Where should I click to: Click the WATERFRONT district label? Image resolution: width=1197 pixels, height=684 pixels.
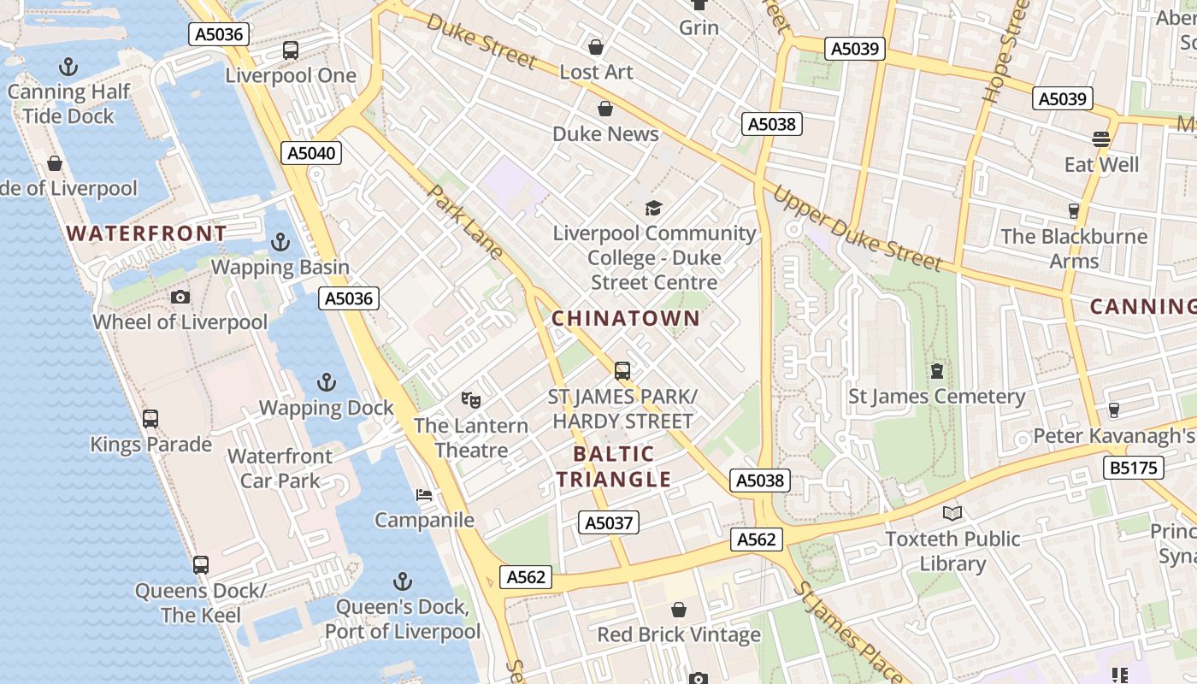click(146, 233)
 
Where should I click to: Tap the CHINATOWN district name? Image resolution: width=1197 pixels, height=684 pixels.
click(625, 319)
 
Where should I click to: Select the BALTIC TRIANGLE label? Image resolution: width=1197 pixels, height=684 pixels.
click(613, 467)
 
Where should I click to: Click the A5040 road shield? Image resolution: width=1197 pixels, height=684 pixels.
click(311, 154)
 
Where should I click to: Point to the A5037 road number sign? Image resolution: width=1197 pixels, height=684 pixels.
click(609, 522)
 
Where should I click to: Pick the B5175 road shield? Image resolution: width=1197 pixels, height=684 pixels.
click(1134, 468)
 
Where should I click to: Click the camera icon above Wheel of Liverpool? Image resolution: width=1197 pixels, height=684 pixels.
click(180, 298)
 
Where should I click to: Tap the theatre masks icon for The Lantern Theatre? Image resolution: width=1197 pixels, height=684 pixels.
click(471, 400)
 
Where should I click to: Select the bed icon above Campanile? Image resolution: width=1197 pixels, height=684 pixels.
click(424, 495)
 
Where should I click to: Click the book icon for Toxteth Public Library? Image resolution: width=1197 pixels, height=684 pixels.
click(952, 514)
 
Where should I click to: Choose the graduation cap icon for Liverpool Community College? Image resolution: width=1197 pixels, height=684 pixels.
click(654, 208)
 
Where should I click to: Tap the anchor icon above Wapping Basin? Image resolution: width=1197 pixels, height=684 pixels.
click(280, 243)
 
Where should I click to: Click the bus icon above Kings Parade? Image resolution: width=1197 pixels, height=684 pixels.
click(150, 419)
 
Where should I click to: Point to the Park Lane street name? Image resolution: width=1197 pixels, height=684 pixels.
click(466, 221)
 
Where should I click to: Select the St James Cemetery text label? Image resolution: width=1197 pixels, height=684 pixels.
click(936, 397)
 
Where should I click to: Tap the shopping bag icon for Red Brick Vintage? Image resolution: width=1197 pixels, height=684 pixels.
click(679, 610)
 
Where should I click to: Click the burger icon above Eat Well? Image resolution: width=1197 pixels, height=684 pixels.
click(1101, 139)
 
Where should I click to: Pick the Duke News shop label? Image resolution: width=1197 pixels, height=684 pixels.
click(605, 134)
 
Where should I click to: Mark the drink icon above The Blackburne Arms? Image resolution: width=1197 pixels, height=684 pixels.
click(1074, 211)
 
